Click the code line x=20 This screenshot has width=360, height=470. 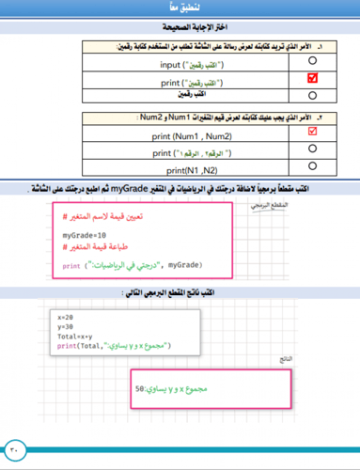(66, 317)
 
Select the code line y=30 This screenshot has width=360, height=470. (66, 326)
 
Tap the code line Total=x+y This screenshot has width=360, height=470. (75, 336)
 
